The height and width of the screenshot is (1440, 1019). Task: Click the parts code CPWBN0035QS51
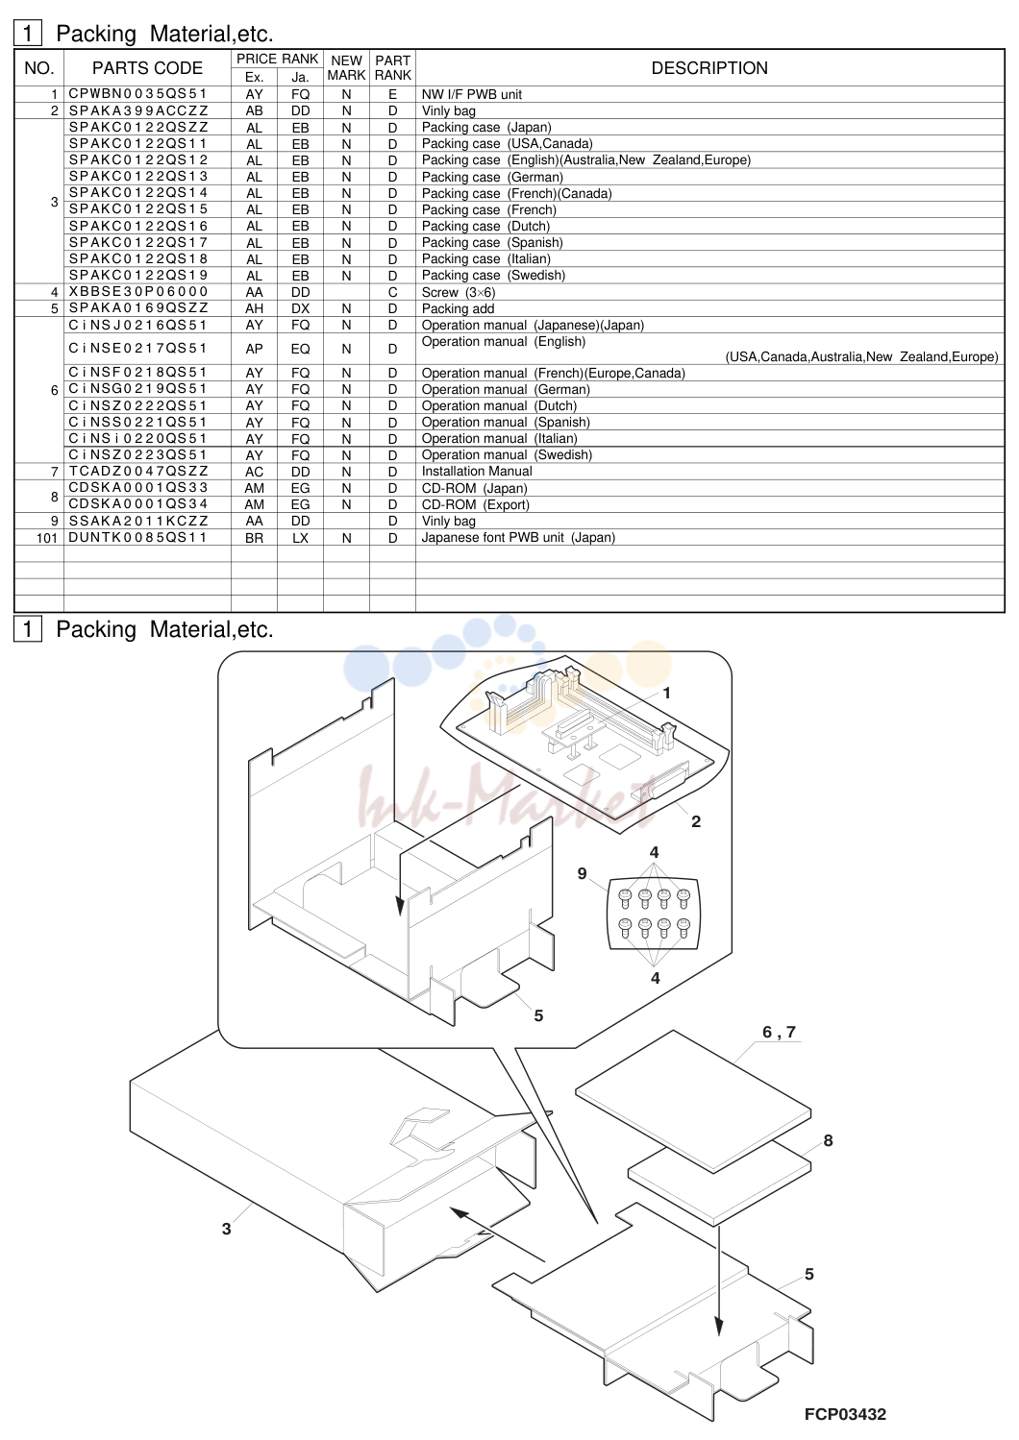pyautogui.click(x=138, y=94)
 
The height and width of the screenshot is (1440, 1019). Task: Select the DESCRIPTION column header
pyautogui.click(x=709, y=68)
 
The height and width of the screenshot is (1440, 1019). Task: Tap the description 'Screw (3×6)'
pyautogui.click(x=459, y=292)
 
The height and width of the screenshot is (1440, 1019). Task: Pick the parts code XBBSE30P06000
pyautogui.click(x=138, y=291)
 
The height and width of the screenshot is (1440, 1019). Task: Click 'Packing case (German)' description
pyautogui.click(x=492, y=177)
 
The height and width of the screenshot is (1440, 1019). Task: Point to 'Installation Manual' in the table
pyautogui.click(x=477, y=472)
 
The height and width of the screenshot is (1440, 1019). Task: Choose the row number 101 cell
pyautogui.click(x=47, y=538)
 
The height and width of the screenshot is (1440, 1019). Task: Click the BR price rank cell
pyautogui.click(x=254, y=538)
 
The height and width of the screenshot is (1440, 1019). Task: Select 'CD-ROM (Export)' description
pyautogui.click(x=476, y=504)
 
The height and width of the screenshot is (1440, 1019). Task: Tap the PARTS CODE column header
pyautogui.click(x=147, y=68)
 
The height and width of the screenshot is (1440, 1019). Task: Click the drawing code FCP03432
pyautogui.click(x=845, y=1414)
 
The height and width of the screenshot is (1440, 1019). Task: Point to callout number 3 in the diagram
pyautogui.click(x=227, y=1229)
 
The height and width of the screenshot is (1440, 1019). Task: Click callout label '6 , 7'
pyautogui.click(x=779, y=1032)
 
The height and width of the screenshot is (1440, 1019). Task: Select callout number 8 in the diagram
pyautogui.click(x=828, y=1140)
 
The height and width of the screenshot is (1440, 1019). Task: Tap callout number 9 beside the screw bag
pyautogui.click(x=583, y=873)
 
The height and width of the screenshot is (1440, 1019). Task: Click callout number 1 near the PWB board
pyautogui.click(x=666, y=693)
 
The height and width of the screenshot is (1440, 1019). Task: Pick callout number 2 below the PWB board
pyautogui.click(x=696, y=821)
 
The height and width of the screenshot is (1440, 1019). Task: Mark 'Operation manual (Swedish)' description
pyautogui.click(x=507, y=455)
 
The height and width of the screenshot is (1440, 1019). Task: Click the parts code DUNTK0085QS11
pyautogui.click(x=137, y=537)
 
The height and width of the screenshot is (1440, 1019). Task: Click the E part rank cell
pyautogui.click(x=392, y=94)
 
